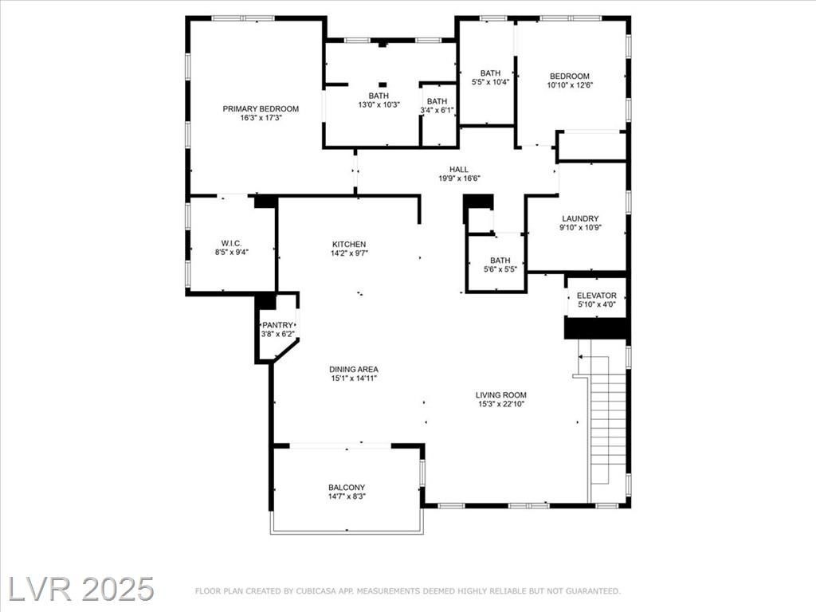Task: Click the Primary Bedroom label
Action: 261,108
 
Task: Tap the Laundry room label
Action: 580,218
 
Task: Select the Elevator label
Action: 596,296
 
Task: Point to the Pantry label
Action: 277,325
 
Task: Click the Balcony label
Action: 347,488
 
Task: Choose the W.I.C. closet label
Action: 232,244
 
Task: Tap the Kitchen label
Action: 349,244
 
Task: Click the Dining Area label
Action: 354,370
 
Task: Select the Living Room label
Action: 501,395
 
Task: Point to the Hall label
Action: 459,169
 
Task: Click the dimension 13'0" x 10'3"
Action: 379,104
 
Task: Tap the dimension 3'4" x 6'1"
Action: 437,110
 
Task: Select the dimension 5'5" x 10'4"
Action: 490,82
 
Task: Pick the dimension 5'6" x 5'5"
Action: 500,269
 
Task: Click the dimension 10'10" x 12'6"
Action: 570,84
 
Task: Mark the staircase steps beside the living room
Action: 608,427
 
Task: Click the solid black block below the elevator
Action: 596,328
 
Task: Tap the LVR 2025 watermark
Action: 80,589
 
